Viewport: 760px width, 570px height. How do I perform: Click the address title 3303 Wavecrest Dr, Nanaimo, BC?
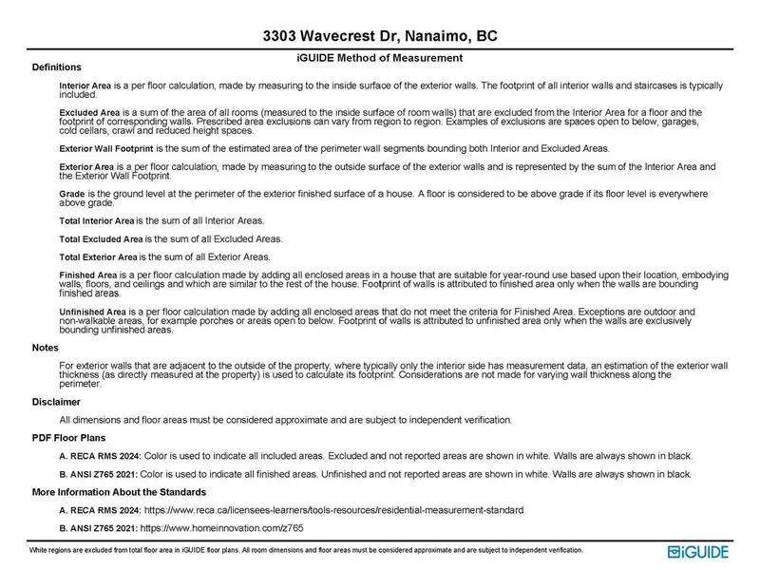coord(380,37)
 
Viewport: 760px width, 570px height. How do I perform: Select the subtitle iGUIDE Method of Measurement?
coord(380,57)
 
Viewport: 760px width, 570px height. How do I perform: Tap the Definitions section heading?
coord(56,68)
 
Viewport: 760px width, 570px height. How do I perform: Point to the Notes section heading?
coord(46,348)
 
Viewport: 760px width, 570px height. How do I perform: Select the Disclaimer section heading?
coord(56,402)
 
